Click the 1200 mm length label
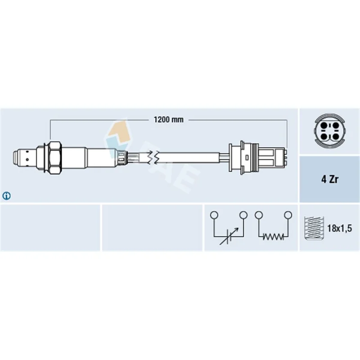[x=168, y=120]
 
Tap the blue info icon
[x=6, y=196]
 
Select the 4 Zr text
[x=330, y=179]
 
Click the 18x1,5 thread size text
[x=339, y=228]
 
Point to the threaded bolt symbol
[x=314, y=228]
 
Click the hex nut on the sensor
[x=55, y=157]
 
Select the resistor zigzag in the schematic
[x=273, y=236]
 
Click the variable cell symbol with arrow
[x=229, y=236]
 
